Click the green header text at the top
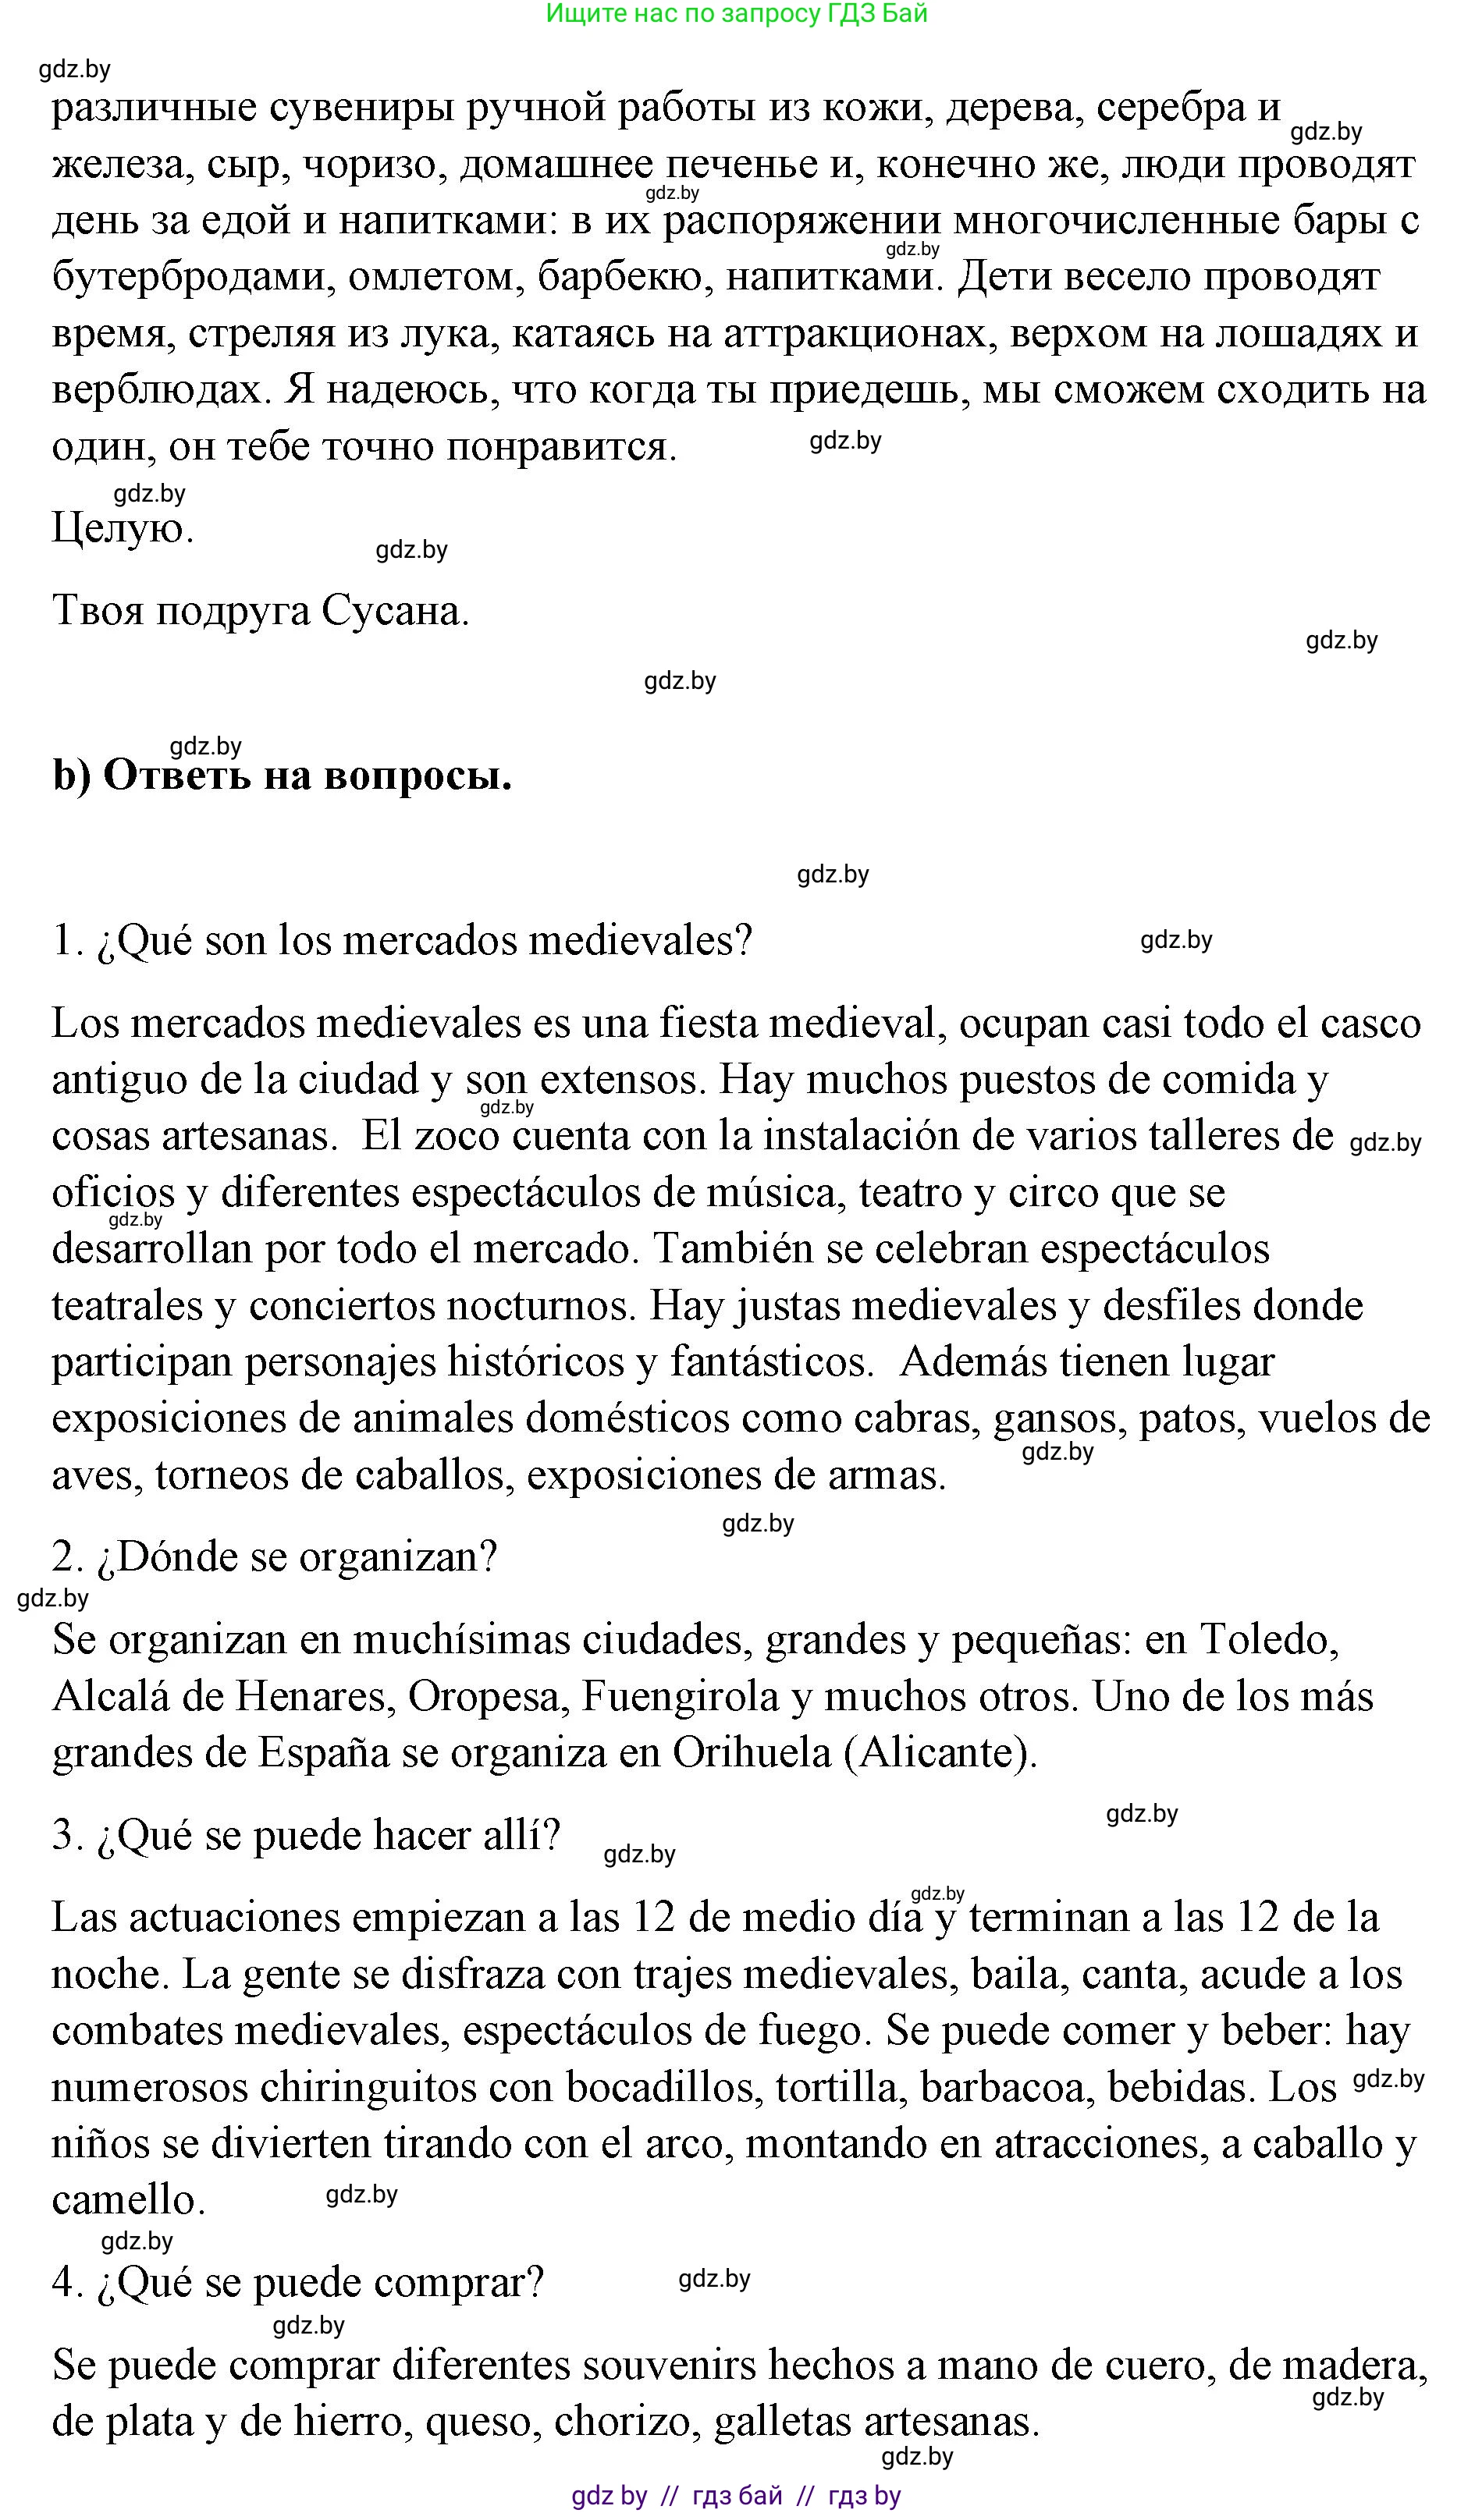[x=737, y=14]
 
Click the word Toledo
[x=1268, y=1641]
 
